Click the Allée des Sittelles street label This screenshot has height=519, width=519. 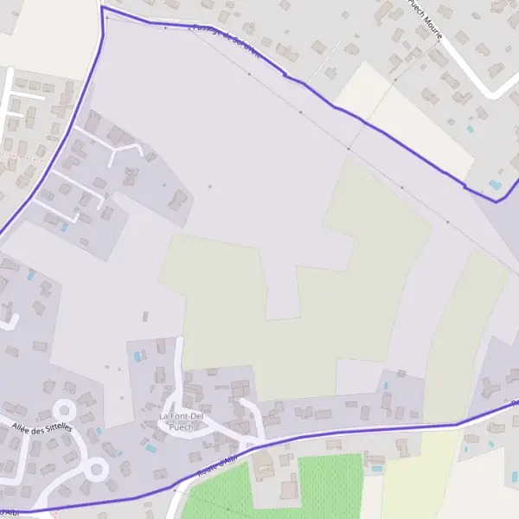pos(42,427)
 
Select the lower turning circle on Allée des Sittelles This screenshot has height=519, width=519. pos(96,470)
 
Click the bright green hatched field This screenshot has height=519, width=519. pos(329,484)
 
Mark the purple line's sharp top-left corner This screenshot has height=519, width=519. pos(102,8)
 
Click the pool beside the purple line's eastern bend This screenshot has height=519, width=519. pos(494,185)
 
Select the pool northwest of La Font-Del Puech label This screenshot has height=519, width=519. pos(137,356)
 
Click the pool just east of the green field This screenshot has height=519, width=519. pos(377,469)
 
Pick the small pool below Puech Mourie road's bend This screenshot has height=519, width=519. pos(471,128)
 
